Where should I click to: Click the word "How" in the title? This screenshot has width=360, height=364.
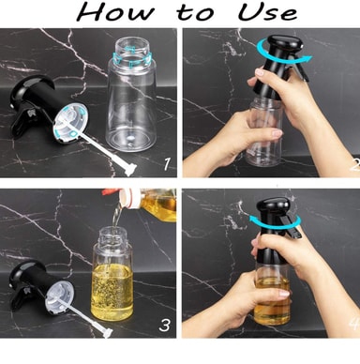click(115, 12)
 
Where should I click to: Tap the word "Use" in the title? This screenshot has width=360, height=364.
click(267, 12)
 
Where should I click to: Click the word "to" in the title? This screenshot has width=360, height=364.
click(195, 13)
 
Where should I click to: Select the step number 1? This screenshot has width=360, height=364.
click(168, 164)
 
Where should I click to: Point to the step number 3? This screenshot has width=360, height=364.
click(165, 325)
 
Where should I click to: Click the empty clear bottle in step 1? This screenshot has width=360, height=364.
click(131, 96)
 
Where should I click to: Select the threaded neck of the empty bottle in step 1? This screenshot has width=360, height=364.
click(132, 53)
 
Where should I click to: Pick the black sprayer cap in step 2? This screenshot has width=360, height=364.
click(278, 66)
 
